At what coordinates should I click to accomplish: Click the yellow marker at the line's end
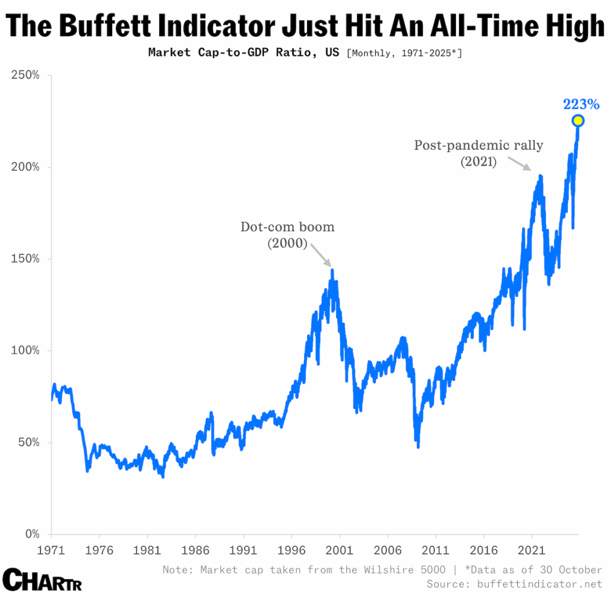tap(578, 121)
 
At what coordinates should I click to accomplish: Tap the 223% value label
tap(581, 105)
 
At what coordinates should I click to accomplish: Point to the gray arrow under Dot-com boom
tap(320, 255)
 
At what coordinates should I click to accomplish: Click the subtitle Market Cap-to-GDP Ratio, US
tap(243, 53)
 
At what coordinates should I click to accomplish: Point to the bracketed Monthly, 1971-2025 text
tap(404, 53)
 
